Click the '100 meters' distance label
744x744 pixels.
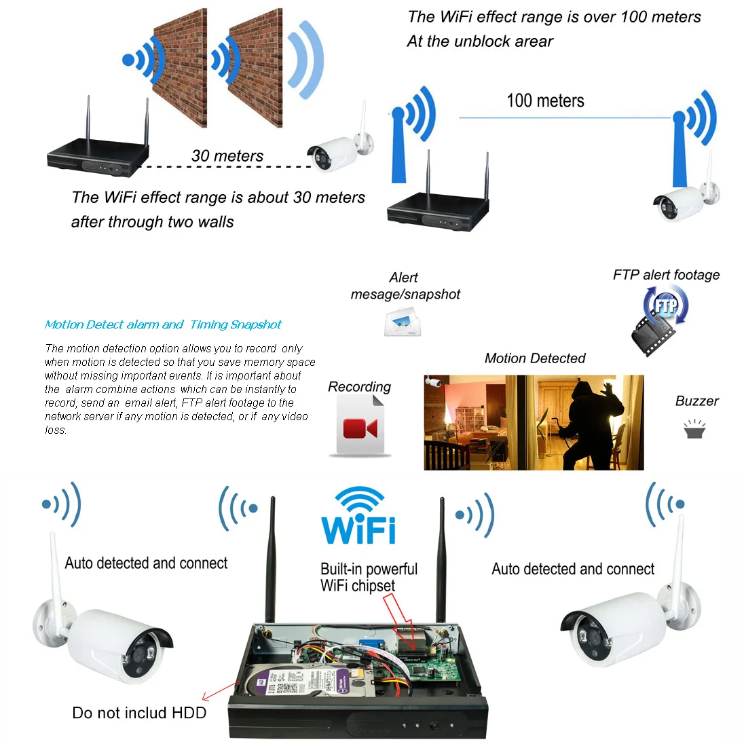coord(545,101)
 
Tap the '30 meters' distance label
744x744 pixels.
coord(227,156)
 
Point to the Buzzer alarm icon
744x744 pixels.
coord(694,430)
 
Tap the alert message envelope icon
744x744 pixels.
coord(403,321)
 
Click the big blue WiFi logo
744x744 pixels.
coord(359,517)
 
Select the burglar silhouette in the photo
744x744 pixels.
coord(589,424)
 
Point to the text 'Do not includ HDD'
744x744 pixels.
coord(139,713)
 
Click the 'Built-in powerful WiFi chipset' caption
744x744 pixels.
coord(369,577)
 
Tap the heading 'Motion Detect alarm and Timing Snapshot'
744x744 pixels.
coord(163,324)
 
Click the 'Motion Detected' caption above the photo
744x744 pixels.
coord(535,358)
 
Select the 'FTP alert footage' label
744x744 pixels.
coord(666,275)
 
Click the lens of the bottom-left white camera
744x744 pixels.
coord(140,654)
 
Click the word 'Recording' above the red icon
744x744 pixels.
coord(359,387)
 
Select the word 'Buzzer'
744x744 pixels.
coord(696,401)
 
